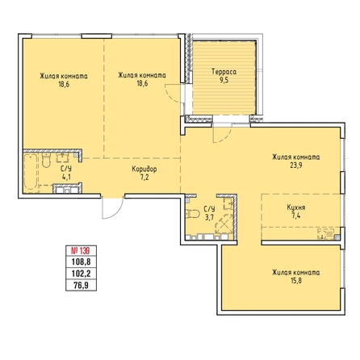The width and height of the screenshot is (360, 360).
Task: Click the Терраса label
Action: click(x=224, y=72)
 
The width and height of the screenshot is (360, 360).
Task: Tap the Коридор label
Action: click(x=144, y=170)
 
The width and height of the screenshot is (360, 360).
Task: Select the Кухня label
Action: click(x=296, y=207)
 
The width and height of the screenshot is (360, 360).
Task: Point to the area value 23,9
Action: click(x=296, y=165)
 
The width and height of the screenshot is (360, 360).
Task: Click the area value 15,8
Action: click(x=296, y=281)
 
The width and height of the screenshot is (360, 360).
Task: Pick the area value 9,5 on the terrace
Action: click(x=224, y=80)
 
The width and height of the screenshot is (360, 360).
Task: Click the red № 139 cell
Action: click(x=81, y=251)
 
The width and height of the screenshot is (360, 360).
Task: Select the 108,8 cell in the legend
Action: click(x=81, y=262)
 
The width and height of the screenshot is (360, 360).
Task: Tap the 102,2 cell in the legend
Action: click(x=81, y=274)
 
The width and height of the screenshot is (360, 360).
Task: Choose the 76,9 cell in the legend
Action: click(x=81, y=285)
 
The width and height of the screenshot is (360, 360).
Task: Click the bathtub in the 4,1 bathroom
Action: click(x=31, y=172)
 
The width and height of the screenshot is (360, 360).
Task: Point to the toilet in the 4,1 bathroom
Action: click(x=46, y=161)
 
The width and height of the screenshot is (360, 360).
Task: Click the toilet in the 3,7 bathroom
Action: click(x=192, y=214)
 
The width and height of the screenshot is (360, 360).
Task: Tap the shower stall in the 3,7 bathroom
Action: click(x=224, y=224)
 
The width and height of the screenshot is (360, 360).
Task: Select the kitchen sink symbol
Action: click(x=325, y=233)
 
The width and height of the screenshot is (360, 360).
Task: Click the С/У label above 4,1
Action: click(x=66, y=169)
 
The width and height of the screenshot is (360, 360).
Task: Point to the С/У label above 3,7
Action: click(x=209, y=209)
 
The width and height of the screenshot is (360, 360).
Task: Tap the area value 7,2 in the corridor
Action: click(x=144, y=178)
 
